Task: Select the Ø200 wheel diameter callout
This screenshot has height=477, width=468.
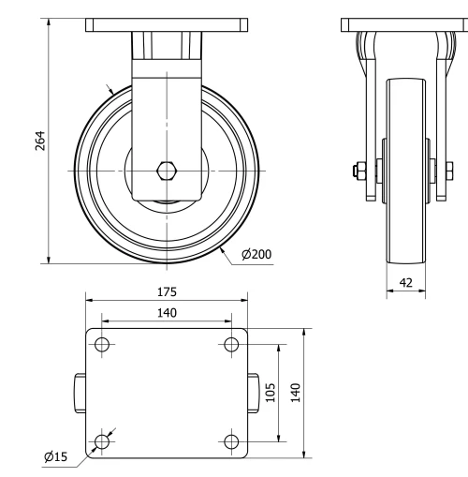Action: (256, 255)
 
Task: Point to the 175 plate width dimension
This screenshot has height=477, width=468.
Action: (167, 291)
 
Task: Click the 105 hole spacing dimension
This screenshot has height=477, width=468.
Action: (271, 392)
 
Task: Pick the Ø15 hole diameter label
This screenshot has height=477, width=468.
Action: (57, 456)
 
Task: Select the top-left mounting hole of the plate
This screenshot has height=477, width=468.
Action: (102, 344)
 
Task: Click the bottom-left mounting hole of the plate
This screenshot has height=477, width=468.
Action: (102, 440)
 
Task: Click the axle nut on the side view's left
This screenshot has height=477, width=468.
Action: (358, 171)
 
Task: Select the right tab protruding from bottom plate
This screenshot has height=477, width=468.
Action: (254, 392)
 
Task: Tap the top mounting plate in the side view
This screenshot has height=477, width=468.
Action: (405, 24)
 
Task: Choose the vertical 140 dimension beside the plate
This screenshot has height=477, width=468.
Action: (295, 392)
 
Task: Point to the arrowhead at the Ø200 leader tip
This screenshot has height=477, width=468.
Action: (222, 249)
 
